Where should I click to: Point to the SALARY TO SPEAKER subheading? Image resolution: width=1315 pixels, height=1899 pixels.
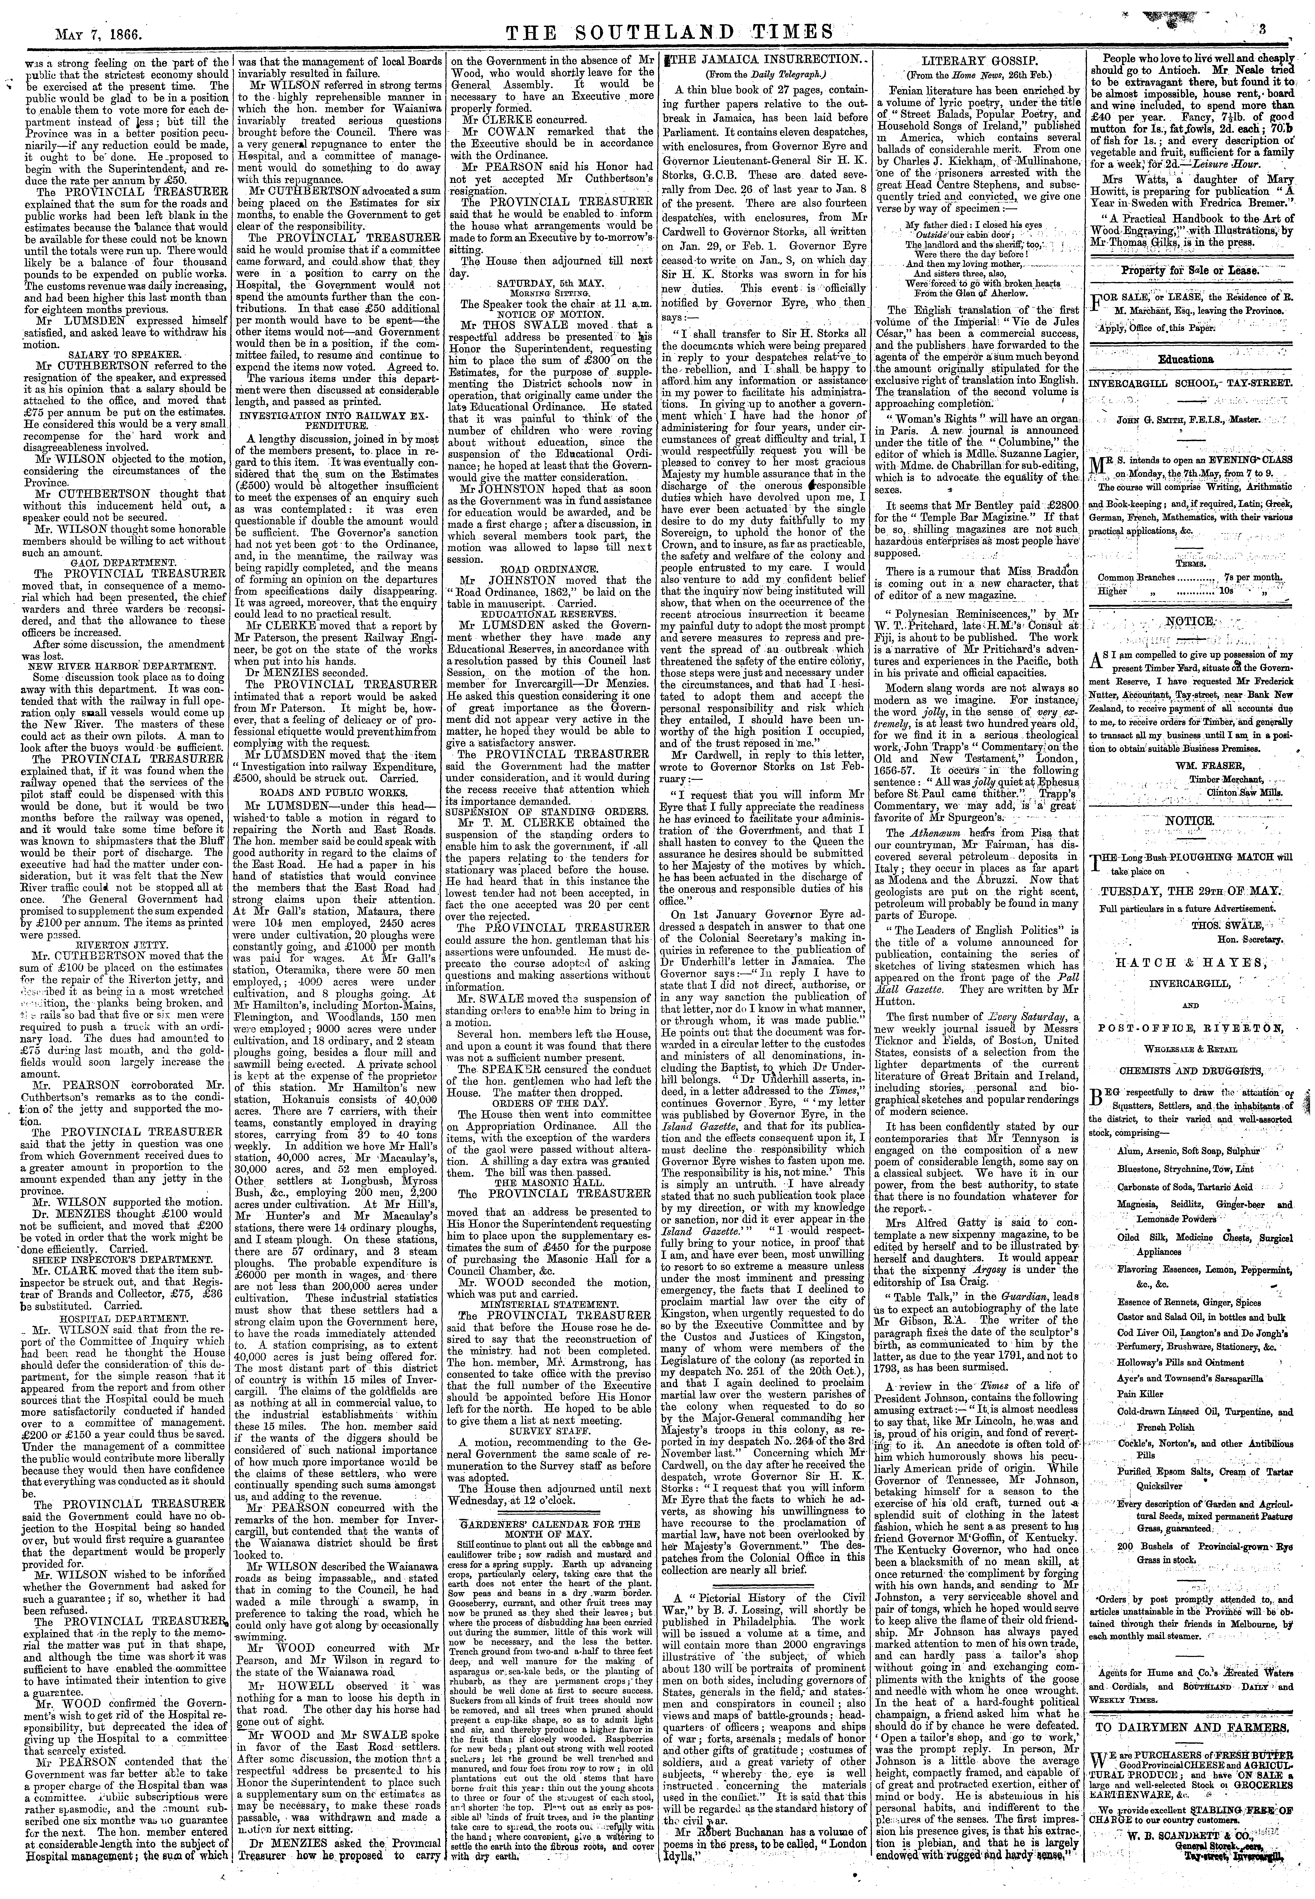coord(122,353)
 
